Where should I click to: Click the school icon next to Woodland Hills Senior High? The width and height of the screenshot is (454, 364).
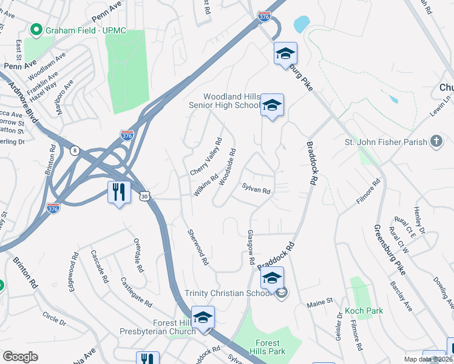(273, 106)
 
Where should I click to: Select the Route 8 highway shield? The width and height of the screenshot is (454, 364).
(74, 150)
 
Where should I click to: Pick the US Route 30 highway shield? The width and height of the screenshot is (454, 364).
(144, 196)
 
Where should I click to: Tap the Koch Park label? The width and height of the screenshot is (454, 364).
(364, 311)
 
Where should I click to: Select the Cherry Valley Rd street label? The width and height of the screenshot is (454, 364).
(206, 157)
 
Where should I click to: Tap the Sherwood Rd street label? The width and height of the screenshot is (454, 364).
(198, 247)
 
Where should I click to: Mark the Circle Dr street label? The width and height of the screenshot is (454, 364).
(54, 317)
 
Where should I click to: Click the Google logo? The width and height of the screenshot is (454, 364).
(20, 357)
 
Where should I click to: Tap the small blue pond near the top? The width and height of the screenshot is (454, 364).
(301, 24)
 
